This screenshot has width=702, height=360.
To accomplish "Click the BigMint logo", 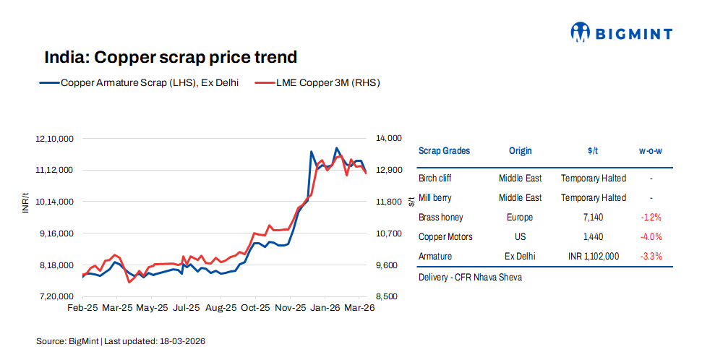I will (621, 33).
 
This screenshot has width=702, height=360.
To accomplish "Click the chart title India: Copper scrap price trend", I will (171, 57).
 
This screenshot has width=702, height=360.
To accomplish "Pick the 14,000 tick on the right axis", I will (388, 138).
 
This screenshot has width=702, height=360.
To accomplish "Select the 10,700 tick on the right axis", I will (388, 233).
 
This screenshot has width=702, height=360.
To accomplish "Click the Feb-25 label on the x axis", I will (82, 308).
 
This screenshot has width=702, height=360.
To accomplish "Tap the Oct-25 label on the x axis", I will (255, 308).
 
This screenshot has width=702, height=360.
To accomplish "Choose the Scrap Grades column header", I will (444, 151).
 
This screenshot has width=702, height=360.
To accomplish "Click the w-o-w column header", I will (651, 151).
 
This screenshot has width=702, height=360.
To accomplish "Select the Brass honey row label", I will (440, 217).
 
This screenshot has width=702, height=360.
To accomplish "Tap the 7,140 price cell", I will (593, 217).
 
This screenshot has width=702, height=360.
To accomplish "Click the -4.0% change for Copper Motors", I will (651, 236).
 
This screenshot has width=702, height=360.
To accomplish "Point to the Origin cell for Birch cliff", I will (520, 178).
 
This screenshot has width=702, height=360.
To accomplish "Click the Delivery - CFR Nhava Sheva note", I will (470, 277).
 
